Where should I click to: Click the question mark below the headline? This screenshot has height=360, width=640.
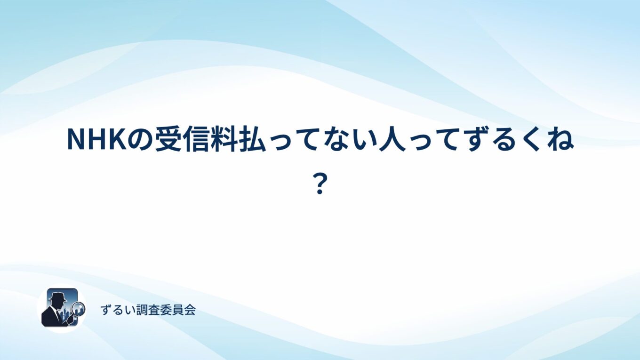pos(320,184)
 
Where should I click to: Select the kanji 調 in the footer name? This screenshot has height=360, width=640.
pos(142,310)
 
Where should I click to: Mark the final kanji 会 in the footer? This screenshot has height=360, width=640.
pos(190,310)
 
